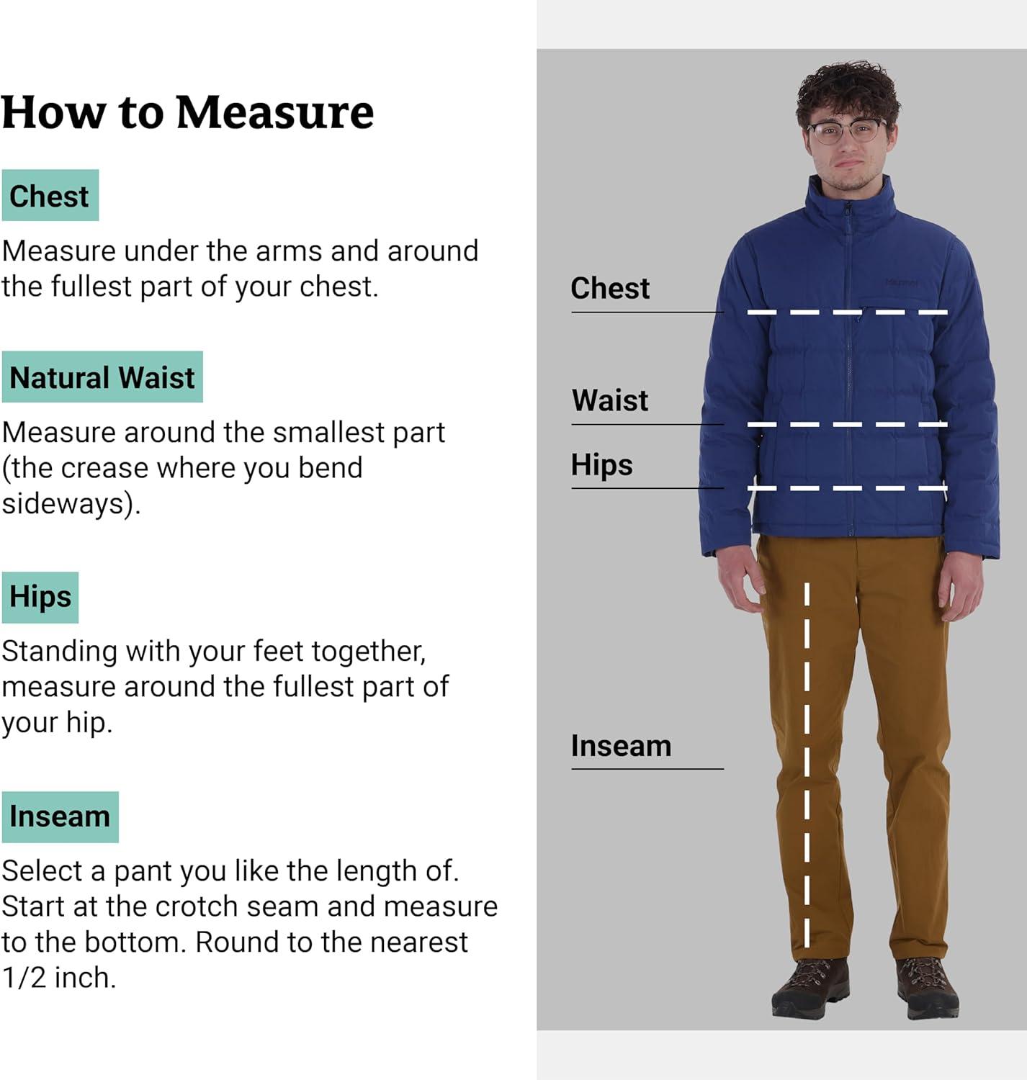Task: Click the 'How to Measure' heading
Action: coord(187,112)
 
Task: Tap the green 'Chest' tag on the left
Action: coord(50,195)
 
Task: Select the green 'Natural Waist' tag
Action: coord(102,377)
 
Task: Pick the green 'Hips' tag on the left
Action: coord(40,597)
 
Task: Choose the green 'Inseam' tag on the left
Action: coord(60,817)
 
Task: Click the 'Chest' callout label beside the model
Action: coord(610,288)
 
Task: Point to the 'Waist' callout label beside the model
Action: coord(610,400)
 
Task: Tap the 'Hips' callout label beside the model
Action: coord(601,464)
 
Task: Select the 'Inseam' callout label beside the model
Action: coord(621,746)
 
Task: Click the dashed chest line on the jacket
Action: coord(848,312)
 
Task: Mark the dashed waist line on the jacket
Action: coord(848,424)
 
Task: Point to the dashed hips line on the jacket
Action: coord(848,488)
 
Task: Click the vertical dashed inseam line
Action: coord(807,765)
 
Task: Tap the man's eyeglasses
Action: coord(846,132)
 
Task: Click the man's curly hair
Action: coord(847,91)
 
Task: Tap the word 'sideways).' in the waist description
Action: coord(71,504)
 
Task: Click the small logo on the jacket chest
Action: coord(902,282)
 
